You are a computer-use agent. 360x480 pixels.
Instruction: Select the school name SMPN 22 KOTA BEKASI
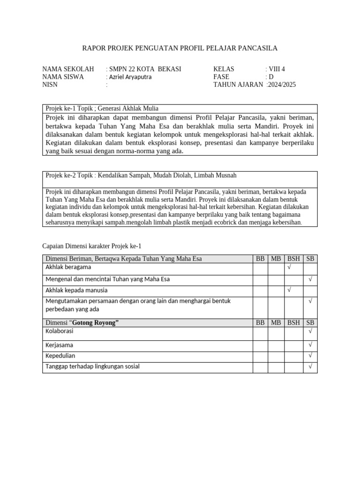coord(145,69)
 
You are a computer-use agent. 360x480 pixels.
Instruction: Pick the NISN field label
coord(51,84)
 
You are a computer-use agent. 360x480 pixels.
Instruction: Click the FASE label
coord(221,77)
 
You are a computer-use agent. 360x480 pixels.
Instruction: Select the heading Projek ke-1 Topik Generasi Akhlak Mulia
coord(102,108)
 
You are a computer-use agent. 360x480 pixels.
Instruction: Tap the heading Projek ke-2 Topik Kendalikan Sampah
coord(141,175)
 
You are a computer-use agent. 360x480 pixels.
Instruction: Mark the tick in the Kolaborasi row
coord(310,331)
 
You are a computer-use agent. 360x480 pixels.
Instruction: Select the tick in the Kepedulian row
coord(310,356)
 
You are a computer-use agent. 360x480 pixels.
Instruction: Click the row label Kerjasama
coord(59,345)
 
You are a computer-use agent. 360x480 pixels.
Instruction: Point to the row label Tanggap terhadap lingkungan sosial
coord(92,366)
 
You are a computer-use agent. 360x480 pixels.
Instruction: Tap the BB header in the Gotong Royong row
coord(260,322)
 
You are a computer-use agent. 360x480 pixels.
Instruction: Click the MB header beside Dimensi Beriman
coord(276,258)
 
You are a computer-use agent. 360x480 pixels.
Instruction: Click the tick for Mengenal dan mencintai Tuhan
coord(310,279)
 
